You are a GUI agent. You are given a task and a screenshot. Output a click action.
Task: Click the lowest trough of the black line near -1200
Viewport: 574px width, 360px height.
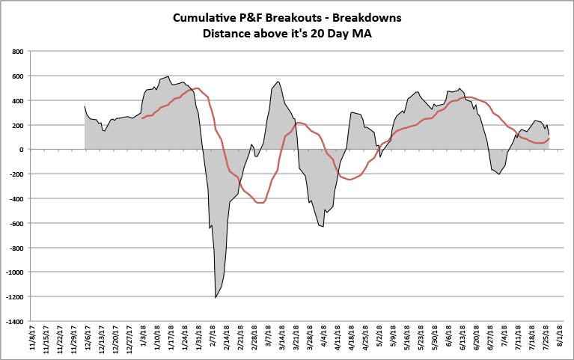tap(216, 298)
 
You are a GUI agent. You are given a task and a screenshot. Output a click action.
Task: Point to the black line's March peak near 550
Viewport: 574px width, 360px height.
tap(278, 82)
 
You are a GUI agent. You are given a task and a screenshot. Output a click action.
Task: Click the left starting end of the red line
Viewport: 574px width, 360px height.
tap(142, 118)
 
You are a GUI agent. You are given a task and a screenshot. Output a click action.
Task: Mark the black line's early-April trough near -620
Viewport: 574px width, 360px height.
tap(323, 226)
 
